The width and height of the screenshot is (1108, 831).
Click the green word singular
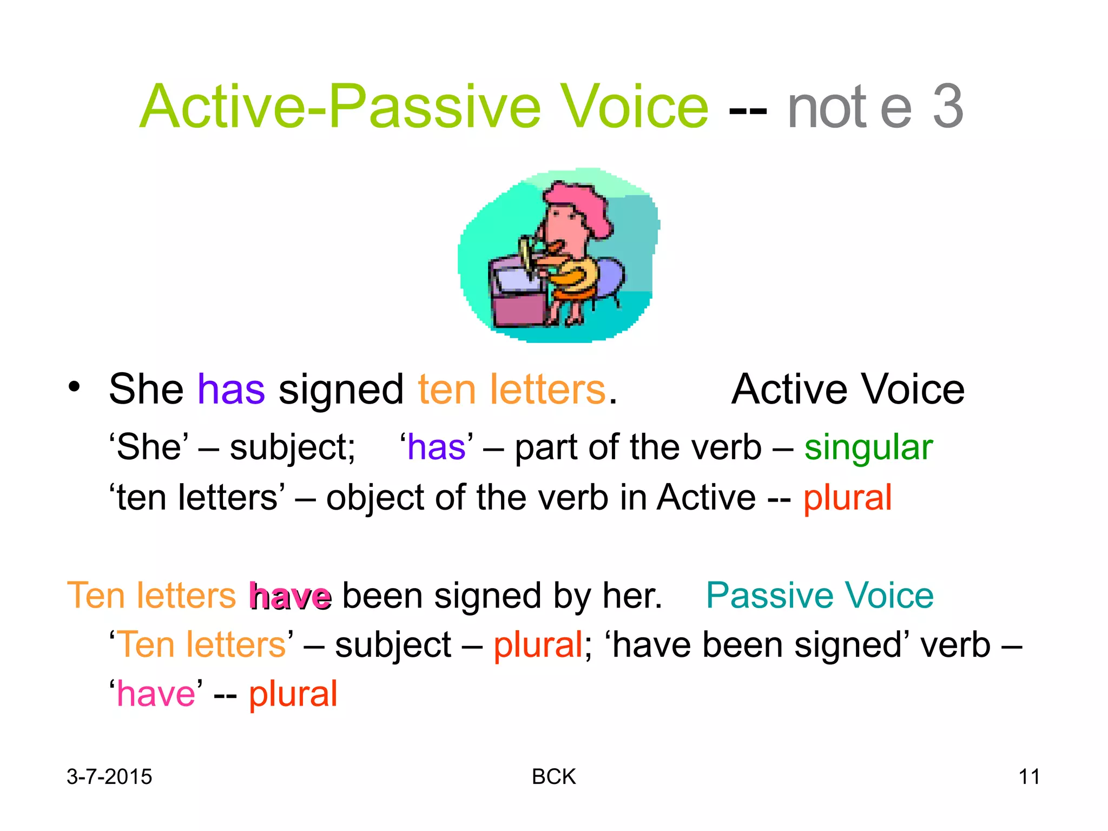point(868,448)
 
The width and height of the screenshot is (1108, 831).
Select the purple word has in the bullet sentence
point(231,389)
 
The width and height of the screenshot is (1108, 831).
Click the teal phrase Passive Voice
point(820,596)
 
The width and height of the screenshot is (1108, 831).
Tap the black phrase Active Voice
point(848,389)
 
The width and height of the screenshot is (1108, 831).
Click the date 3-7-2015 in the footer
point(109,777)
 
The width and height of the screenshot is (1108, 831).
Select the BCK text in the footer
point(553,777)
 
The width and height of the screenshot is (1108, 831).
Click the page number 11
point(1029,777)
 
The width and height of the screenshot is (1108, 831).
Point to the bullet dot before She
point(74,387)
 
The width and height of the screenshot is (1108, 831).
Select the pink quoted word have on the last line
point(156,694)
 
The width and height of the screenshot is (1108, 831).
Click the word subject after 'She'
point(292,448)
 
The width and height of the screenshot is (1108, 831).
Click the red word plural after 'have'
point(293,694)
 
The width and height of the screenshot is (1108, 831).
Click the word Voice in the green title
point(634,107)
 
